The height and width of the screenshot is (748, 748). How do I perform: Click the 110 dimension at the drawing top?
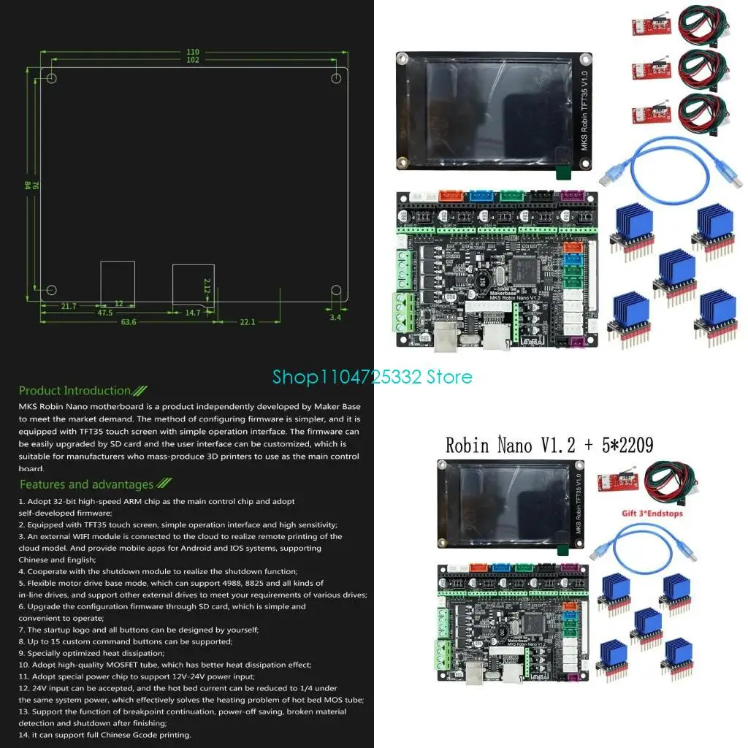[x=192, y=52]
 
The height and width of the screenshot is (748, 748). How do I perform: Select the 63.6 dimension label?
[x=129, y=322]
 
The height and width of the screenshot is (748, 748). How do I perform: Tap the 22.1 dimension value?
[x=248, y=322]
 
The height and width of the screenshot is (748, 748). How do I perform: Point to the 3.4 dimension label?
[x=335, y=317]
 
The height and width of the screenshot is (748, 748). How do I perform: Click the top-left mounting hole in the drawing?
[x=52, y=78]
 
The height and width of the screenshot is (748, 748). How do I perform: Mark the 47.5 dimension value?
[x=104, y=313]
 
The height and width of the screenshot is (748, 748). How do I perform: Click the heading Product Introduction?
[x=75, y=391]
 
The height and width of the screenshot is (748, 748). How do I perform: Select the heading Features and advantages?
[x=87, y=484]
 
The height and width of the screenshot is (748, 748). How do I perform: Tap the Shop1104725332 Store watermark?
[x=373, y=377]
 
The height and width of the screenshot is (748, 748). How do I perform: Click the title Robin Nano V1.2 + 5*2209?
[x=549, y=444]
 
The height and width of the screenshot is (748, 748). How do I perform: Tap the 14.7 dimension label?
[x=193, y=313]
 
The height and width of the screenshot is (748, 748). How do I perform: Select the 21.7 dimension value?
[x=69, y=306]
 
